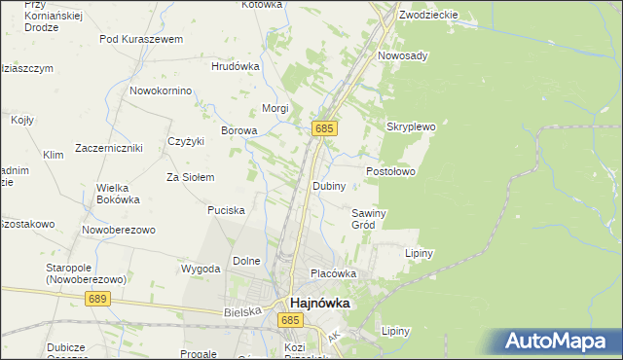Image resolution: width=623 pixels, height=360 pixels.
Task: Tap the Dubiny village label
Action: (x=328, y=186)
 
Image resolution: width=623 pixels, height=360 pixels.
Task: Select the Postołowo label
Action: (x=390, y=171)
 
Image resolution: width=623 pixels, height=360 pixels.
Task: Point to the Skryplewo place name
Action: (x=411, y=126)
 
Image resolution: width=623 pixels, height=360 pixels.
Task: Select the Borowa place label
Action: (x=239, y=130)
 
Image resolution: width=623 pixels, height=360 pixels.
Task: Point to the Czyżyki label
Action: (x=186, y=141)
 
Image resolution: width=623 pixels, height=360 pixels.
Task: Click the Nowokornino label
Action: (x=160, y=90)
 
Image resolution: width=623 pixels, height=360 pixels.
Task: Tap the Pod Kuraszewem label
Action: (x=141, y=39)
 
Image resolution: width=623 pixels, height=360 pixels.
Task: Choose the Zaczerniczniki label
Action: (x=106, y=148)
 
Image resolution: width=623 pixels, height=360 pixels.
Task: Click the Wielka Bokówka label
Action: (x=118, y=193)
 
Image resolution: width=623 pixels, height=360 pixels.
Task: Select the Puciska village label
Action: (x=226, y=209)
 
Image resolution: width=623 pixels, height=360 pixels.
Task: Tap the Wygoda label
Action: (x=200, y=268)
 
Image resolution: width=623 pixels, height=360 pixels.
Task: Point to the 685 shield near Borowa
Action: (x=325, y=128)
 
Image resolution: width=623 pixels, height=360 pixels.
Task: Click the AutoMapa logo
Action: (x=559, y=342)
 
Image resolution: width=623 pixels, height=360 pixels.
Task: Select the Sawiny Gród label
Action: (x=370, y=219)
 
